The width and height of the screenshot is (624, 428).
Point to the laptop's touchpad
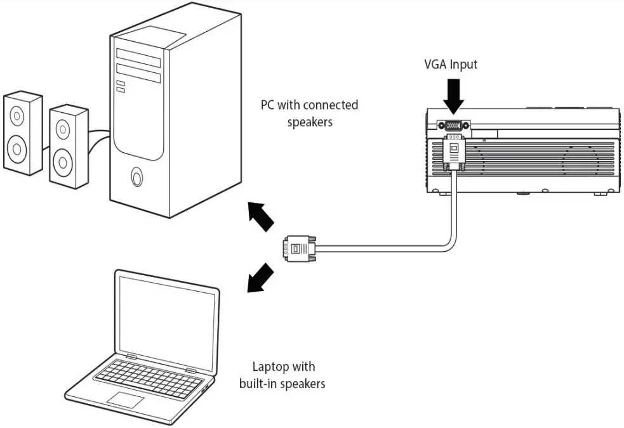pyautogui.click(x=125, y=399)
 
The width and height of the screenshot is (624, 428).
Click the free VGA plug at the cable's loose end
pyautogui.click(x=298, y=247)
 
